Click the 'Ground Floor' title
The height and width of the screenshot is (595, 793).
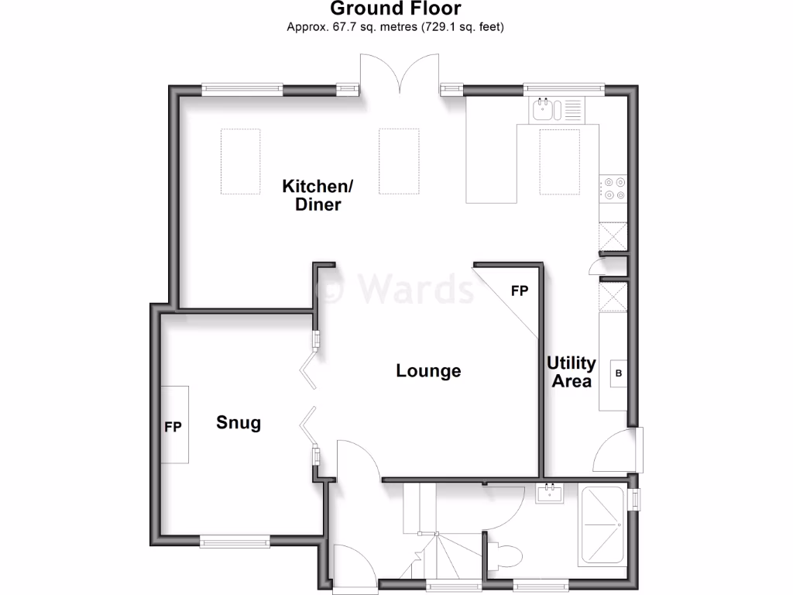[396, 9]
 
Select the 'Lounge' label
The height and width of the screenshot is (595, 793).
[428, 371]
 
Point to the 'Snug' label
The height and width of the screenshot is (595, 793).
[239, 423]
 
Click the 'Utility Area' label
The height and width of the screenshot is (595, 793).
[572, 372]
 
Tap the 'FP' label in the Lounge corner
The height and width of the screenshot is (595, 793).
[519, 291]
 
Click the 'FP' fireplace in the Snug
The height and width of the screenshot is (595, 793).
[173, 425]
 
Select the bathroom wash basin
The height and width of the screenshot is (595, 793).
[552, 492]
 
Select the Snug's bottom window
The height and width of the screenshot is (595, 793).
[235, 542]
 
